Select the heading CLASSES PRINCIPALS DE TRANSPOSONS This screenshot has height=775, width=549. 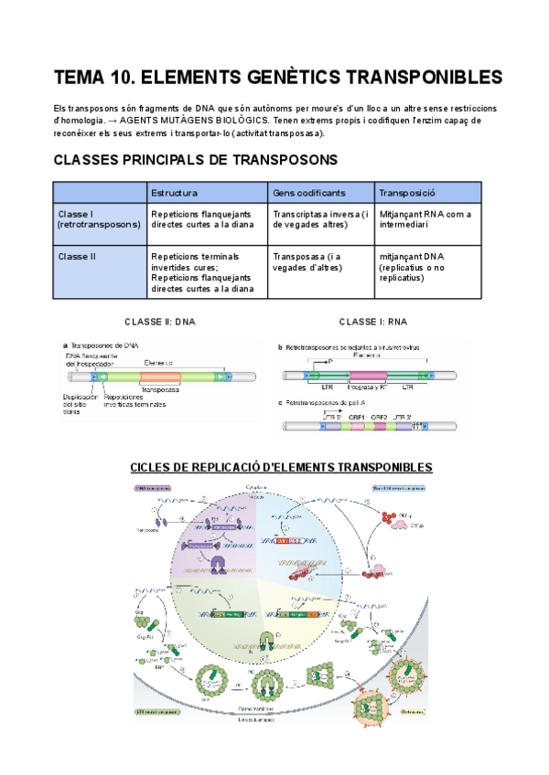click(x=196, y=160)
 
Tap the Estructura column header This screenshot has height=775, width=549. click(x=173, y=193)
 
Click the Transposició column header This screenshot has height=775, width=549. click(x=405, y=193)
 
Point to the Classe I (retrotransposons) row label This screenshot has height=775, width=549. click(x=99, y=219)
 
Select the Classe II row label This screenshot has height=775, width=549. click(x=72, y=257)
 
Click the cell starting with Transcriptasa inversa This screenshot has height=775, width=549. click(x=320, y=219)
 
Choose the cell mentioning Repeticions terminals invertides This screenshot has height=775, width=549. click(x=203, y=272)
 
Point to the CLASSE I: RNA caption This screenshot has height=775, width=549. click(x=373, y=322)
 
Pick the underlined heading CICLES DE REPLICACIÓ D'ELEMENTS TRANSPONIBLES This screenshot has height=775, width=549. click(x=281, y=467)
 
